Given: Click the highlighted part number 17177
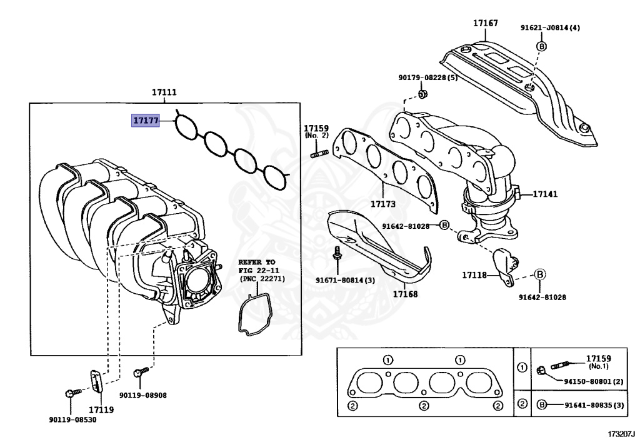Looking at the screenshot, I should [x=145, y=120].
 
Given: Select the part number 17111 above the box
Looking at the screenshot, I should [x=164, y=93].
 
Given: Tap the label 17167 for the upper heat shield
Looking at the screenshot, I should [x=485, y=23].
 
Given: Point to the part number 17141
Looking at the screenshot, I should [x=544, y=194].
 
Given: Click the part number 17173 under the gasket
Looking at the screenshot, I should [x=382, y=204].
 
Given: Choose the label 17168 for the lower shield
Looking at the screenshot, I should [x=405, y=293].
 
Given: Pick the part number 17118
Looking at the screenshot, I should [x=474, y=274].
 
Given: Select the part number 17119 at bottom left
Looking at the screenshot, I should [x=101, y=410].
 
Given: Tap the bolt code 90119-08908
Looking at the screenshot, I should [x=143, y=396].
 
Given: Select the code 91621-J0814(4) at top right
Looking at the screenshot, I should [x=550, y=28].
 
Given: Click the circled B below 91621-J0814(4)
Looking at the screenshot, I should [x=541, y=46].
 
